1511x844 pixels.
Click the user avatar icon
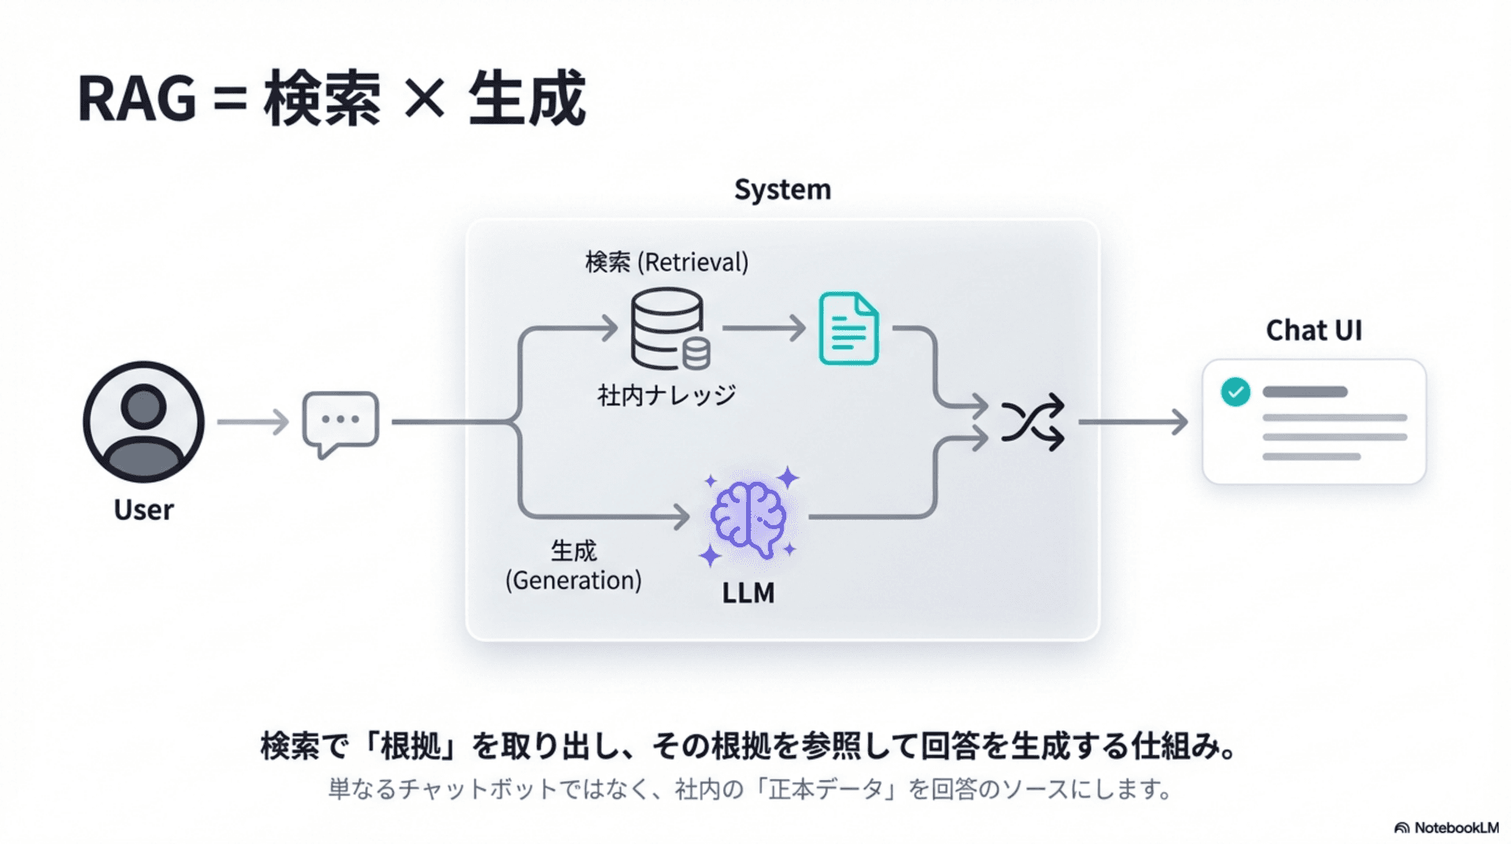tap(143, 422)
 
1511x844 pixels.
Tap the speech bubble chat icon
tap(340, 422)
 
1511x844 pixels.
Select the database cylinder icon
tap(669, 328)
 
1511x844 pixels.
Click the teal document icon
tap(848, 328)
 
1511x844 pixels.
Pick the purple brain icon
tap(748, 517)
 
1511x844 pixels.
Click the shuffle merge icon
tap(1032, 422)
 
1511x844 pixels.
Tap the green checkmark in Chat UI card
tap(1235, 391)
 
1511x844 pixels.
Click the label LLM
tap(748, 593)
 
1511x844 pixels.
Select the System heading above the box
tap(782, 190)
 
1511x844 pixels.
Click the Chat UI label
tap(1313, 330)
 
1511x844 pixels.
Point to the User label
tap(143, 509)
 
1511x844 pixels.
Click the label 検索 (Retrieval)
tap(667, 262)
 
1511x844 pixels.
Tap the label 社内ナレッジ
tap(667, 395)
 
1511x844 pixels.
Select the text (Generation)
tap(573, 581)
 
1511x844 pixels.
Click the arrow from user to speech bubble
tap(253, 422)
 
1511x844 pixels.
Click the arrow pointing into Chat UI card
tap(1133, 422)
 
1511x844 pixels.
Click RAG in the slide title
tap(137, 100)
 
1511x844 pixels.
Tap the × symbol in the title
tap(425, 100)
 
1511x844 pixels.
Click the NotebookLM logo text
tap(1455, 827)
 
